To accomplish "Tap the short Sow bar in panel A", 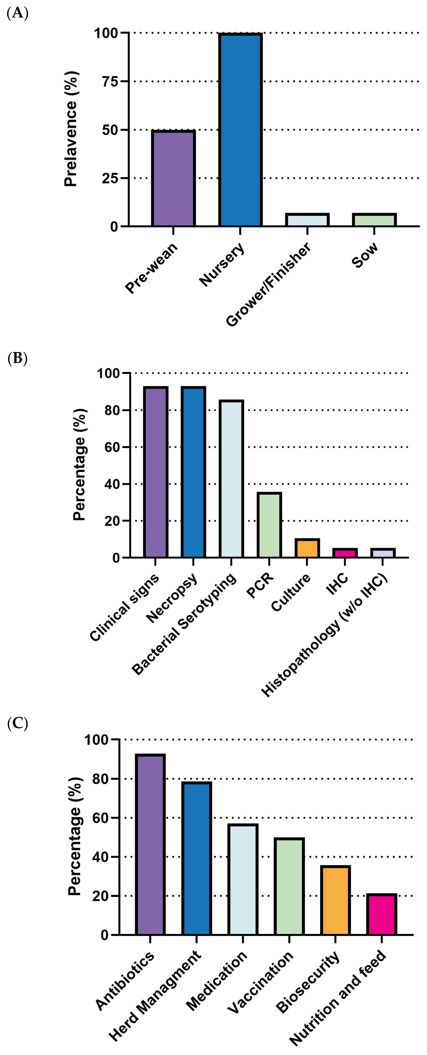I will (374, 220).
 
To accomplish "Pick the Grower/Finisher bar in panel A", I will (307, 220).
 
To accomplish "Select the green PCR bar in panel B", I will (269, 525).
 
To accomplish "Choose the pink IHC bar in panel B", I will (345, 553).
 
